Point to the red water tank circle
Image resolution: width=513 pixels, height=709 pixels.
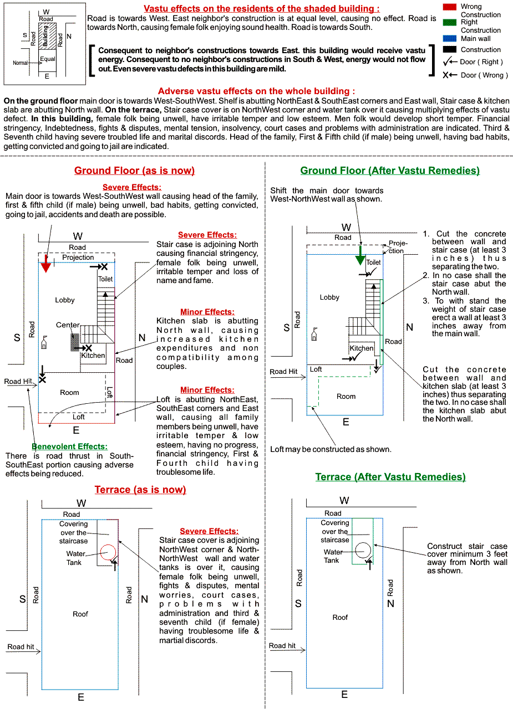(x=108, y=552)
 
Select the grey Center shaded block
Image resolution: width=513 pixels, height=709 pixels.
(x=74, y=341)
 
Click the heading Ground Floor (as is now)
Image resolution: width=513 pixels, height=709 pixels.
(x=134, y=171)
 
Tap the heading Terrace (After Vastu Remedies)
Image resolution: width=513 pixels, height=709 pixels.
(x=390, y=477)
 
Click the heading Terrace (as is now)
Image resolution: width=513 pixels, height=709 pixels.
(x=140, y=490)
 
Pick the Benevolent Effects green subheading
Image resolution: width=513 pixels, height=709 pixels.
(x=69, y=446)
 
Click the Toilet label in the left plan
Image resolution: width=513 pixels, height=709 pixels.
(x=105, y=279)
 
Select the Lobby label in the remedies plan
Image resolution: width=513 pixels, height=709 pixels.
(x=329, y=297)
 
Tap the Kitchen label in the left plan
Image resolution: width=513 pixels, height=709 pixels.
(x=93, y=356)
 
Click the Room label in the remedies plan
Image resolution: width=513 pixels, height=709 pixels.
(x=346, y=396)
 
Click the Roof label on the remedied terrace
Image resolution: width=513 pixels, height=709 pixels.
(x=340, y=617)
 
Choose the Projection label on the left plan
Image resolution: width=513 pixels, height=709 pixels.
(x=78, y=258)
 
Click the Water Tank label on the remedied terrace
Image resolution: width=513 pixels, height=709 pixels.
(x=333, y=556)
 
